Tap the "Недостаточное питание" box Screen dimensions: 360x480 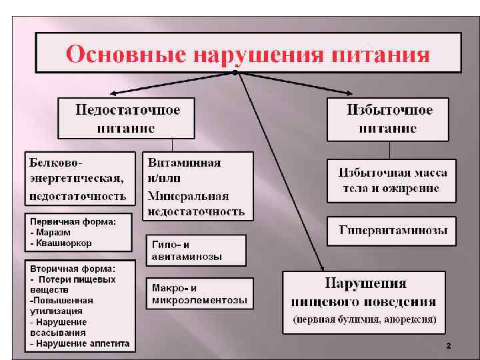(127, 118)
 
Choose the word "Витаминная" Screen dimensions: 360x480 (184, 163)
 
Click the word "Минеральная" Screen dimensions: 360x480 (188, 197)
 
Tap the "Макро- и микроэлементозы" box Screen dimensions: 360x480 (199, 294)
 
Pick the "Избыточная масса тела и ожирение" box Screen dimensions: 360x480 (391, 181)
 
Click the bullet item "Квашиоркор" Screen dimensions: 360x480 (64, 243)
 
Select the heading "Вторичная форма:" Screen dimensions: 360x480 (72, 267)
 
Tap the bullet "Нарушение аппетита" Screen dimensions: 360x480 (79, 343)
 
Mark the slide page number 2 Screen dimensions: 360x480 (448, 346)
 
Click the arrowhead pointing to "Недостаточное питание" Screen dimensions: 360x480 (114, 93)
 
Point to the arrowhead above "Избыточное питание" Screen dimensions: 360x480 (359, 93)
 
